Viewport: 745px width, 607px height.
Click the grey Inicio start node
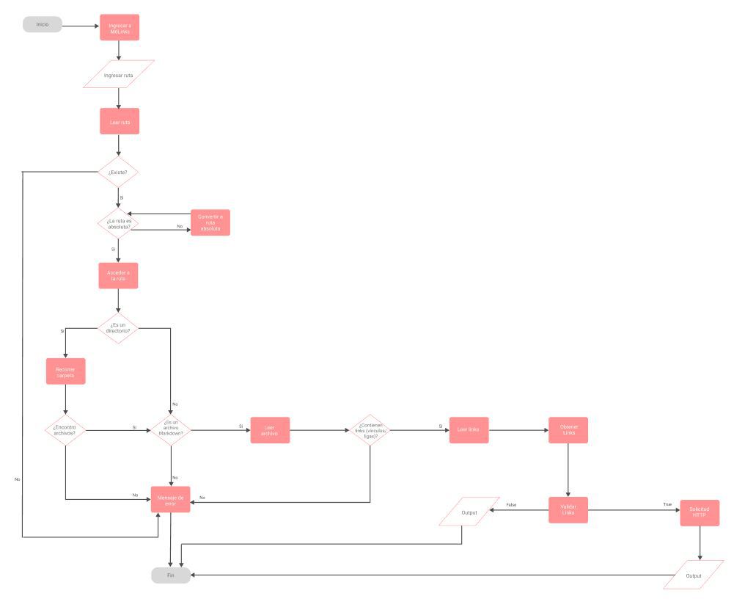tap(42, 25)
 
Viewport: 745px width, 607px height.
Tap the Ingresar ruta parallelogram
tap(119, 74)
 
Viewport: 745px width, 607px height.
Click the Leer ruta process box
tap(120, 121)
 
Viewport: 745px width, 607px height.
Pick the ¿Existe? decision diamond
tap(118, 172)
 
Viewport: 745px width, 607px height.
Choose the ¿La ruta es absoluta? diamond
tap(118, 223)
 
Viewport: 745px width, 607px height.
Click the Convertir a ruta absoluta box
tap(210, 223)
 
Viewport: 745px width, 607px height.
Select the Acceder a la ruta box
tap(118, 275)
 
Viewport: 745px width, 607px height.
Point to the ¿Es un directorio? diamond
tap(118, 327)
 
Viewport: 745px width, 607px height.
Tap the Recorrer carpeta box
tap(66, 371)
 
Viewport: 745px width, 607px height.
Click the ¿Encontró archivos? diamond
tap(66, 429)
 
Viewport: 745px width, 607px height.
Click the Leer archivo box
tap(270, 430)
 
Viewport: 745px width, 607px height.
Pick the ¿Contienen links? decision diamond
tap(370, 429)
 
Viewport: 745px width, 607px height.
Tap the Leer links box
tap(469, 429)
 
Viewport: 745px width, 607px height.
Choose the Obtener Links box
tap(568, 430)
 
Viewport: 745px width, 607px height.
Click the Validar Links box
tap(568, 509)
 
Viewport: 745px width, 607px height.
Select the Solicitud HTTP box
tap(700, 513)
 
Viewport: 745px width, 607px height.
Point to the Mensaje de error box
tap(171, 500)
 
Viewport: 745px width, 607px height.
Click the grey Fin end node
tap(171, 575)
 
